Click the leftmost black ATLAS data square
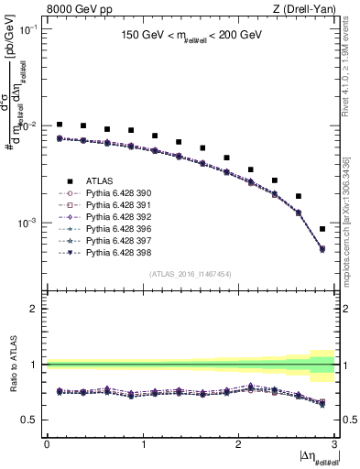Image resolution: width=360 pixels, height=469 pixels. click(60, 125)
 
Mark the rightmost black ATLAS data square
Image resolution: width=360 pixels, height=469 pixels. click(322, 229)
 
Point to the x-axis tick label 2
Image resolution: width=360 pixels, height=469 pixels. click(238, 443)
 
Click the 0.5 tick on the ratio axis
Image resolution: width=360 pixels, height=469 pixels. click(35, 420)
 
